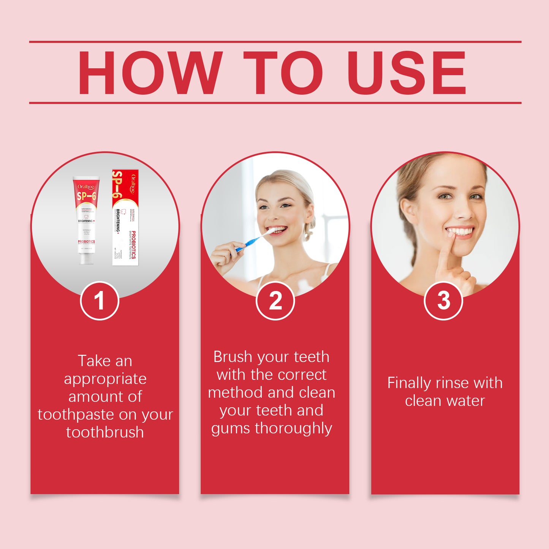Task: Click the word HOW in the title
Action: (x=150, y=73)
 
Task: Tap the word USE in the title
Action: (x=406, y=73)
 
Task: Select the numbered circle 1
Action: (x=100, y=301)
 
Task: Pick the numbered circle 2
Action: (x=275, y=301)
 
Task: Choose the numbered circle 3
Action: (x=443, y=301)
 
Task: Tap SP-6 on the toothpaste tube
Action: (x=87, y=196)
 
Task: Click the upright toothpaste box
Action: (x=125, y=217)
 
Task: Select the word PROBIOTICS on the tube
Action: (x=86, y=242)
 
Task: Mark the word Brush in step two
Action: (x=233, y=357)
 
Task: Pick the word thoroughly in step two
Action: (x=293, y=429)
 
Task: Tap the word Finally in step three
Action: (x=409, y=383)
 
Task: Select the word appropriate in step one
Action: (x=105, y=379)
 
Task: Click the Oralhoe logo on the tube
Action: (x=86, y=187)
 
